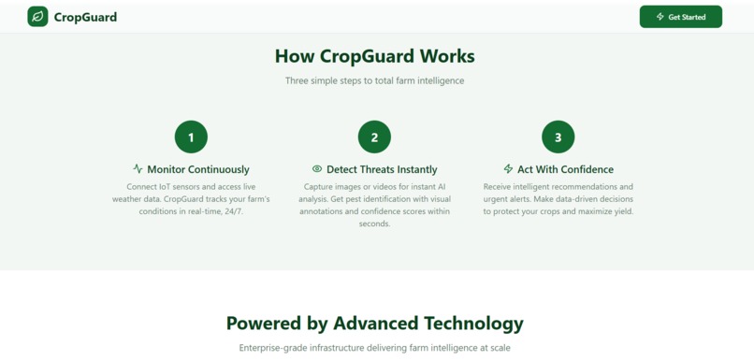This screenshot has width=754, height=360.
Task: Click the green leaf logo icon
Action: (37, 17)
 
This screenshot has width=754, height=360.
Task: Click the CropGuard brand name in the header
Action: (85, 17)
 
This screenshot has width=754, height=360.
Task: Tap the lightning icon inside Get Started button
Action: (660, 17)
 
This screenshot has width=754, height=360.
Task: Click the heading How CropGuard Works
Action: (374, 56)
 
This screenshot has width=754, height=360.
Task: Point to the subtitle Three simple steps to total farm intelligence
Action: (374, 80)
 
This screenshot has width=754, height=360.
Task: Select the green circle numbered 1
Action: (191, 137)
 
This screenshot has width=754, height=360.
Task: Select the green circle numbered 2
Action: (374, 137)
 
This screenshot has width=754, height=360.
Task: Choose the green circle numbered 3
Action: (558, 137)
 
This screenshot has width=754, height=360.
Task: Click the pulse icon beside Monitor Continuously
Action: (138, 169)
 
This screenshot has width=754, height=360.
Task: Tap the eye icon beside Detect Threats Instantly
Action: (317, 169)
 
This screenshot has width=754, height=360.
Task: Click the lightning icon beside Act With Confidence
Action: (508, 169)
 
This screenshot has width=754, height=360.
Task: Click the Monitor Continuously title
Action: (198, 169)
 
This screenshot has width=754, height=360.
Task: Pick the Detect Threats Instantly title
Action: (382, 169)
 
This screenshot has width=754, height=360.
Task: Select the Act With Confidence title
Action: (565, 169)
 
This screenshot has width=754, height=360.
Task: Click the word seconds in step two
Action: (374, 223)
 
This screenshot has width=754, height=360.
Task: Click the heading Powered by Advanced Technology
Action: (374, 324)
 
